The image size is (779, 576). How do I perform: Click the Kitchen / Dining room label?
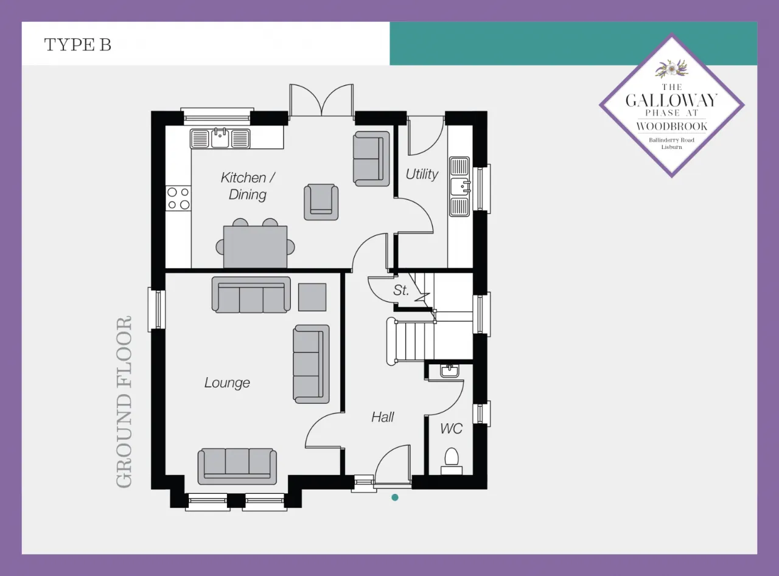coord(248,186)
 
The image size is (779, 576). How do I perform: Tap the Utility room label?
coord(422,174)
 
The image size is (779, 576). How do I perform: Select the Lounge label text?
coord(227,383)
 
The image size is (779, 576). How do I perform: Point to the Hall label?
coord(382,417)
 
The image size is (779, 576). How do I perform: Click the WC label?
coord(452,429)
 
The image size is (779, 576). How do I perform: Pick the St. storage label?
coord(400,290)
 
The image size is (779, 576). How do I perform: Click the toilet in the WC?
coord(452,461)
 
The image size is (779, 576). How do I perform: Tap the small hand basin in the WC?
coord(449,370)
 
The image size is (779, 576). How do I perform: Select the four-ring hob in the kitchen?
coord(178,198)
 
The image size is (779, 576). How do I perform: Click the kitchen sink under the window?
coord(220,138)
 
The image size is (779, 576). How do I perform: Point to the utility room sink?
coord(459,186)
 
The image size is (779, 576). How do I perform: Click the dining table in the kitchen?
coord(256,247)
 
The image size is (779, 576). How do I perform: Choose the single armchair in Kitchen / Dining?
coord(321,202)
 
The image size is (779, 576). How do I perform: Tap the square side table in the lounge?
coord(312,297)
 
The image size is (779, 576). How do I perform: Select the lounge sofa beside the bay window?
coord(237,467)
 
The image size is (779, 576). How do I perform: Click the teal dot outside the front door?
coord(395,498)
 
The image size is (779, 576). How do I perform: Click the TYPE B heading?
coord(78,45)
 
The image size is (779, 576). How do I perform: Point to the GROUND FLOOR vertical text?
coord(124,402)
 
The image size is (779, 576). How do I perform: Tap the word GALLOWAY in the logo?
coord(671,101)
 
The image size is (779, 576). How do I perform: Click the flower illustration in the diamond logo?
coord(671,69)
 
